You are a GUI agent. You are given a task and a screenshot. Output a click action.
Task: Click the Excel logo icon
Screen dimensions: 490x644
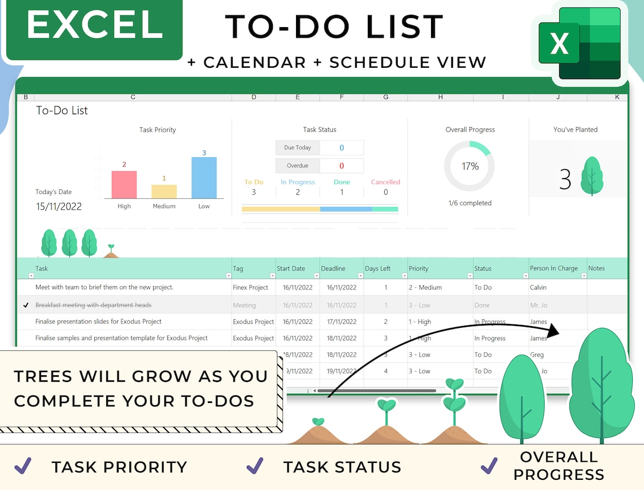[580, 43]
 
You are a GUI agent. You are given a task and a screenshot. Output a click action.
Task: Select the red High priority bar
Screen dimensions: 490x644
[124, 184]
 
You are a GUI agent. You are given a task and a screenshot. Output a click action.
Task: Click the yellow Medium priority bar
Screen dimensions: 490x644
[164, 192]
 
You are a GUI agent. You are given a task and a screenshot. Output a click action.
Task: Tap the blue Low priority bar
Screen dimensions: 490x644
[204, 177]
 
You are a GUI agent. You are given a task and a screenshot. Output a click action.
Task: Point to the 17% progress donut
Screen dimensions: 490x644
[469, 166]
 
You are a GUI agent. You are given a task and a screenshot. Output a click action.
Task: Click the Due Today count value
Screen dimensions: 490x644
[341, 148]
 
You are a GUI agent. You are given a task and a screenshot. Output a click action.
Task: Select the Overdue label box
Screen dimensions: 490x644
[298, 166]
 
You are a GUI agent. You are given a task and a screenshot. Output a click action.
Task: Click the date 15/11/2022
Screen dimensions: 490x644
[59, 207]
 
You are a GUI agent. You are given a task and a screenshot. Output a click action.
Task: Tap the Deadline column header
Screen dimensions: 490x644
[333, 268]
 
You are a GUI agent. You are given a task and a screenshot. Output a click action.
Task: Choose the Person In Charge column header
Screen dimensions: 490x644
[554, 268]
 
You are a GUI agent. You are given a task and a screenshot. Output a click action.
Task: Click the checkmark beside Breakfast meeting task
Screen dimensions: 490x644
[25, 305]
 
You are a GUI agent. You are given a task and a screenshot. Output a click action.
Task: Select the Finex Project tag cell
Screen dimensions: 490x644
[250, 288]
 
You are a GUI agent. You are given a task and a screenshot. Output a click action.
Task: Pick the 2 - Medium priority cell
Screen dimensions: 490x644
[425, 288]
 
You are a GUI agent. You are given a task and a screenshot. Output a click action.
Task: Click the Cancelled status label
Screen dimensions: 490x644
[385, 182]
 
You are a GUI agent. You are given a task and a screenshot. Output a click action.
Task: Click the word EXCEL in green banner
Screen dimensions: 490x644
[95, 25]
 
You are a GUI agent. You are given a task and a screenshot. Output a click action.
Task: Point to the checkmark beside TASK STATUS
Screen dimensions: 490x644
[255, 466]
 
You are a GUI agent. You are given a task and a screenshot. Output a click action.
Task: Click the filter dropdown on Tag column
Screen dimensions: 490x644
[272, 276]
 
